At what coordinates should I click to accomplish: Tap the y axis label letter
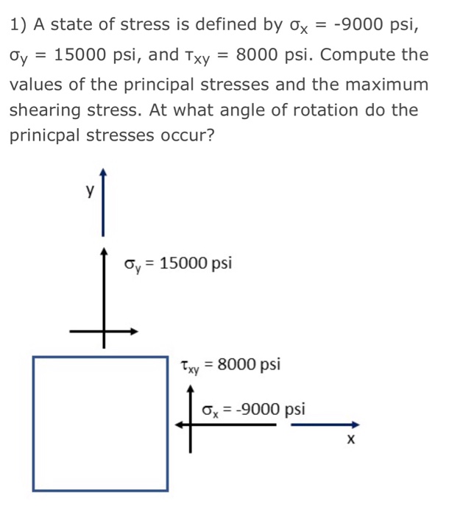88,193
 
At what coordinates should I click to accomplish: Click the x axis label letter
352,440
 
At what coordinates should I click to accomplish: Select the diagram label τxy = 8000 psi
230,364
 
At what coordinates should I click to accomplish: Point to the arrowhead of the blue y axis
104,174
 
